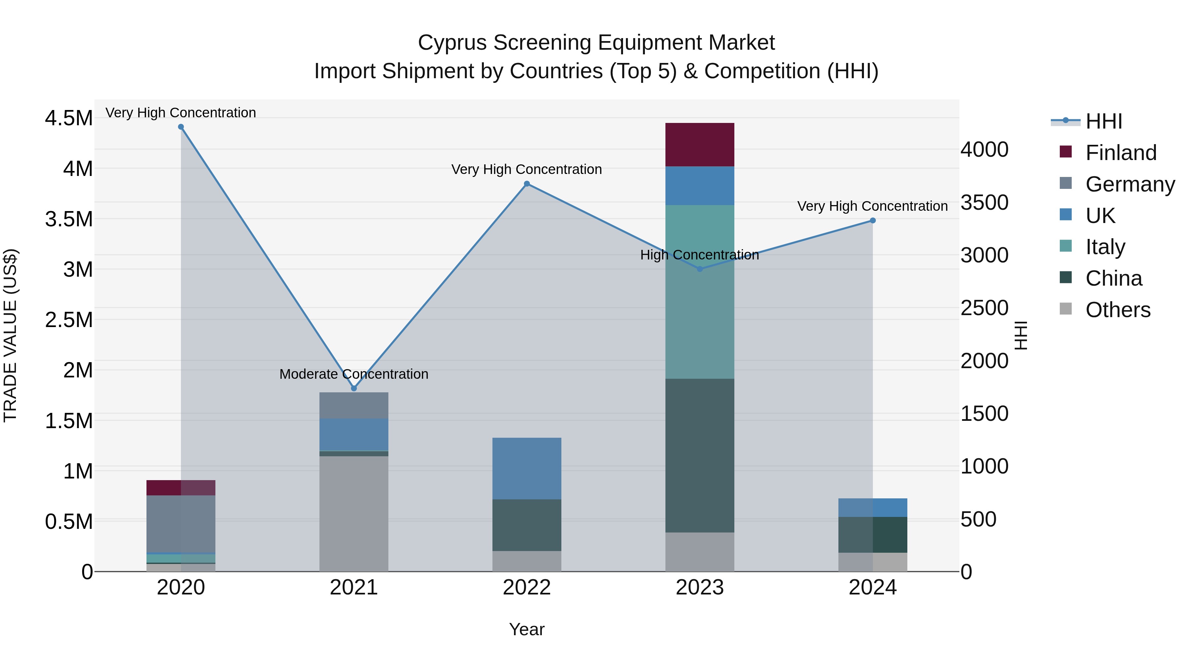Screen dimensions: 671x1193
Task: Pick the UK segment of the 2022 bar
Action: pyautogui.click(x=527, y=468)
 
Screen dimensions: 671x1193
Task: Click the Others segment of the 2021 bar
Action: pyautogui.click(x=354, y=514)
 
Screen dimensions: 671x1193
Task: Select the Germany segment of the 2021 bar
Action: pyautogui.click(x=354, y=405)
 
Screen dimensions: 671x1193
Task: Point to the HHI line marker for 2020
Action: pyautogui.click(x=181, y=127)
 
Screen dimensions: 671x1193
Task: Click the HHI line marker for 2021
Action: pyautogui.click(x=354, y=388)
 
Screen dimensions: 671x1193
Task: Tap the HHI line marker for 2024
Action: pyautogui.click(x=873, y=220)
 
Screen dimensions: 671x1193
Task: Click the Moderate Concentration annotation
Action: pyautogui.click(x=354, y=374)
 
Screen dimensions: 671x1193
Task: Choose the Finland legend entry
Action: pyautogui.click(x=1121, y=153)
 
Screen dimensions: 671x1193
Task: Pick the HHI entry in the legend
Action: pyautogui.click(x=1104, y=121)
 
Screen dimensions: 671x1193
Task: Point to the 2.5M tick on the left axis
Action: pyautogui.click(x=69, y=319)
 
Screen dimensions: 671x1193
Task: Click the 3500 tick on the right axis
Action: pyautogui.click(x=984, y=202)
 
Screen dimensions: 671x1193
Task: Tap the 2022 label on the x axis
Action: pyautogui.click(x=527, y=587)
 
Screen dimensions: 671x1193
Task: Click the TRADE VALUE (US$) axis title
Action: pyautogui.click(x=11, y=335)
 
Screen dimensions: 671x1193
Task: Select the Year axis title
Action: pyautogui.click(x=527, y=629)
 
